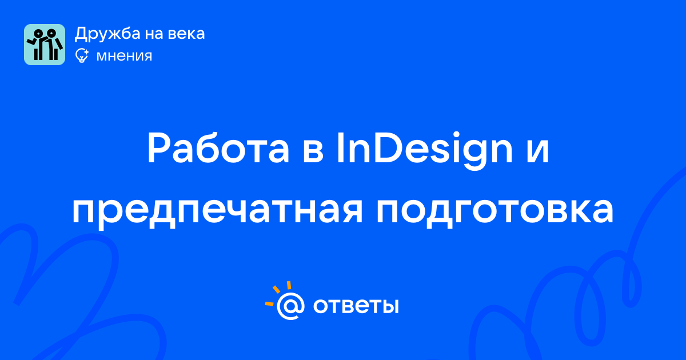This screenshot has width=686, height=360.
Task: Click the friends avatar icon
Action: pos(45,45)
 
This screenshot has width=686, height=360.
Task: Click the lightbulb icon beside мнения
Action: pos(82,55)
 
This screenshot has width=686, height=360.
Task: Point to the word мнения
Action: pos(124,56)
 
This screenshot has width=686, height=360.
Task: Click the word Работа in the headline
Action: pos(218,148)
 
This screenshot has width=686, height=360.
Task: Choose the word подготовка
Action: pos(495,211)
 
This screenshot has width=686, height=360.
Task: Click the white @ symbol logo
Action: pos(290,306)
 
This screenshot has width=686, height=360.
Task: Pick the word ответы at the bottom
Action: pos(356,306)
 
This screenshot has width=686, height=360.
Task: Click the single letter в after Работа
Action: pos(313,151)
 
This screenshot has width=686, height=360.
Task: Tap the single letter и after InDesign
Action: pos(538,151)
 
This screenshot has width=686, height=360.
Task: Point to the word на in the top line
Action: pos(154,34)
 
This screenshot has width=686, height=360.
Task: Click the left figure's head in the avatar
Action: pos(38,33)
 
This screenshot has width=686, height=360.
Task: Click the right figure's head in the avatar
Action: pos(51,33)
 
